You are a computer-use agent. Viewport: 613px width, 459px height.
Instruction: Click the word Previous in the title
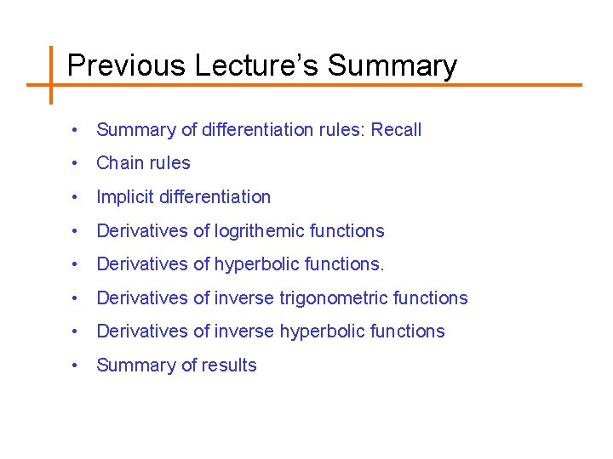tap(126, 65)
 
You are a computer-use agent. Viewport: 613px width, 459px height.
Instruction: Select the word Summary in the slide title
tap(392, 65)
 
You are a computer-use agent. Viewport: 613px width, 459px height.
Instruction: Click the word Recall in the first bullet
tap(396, 130)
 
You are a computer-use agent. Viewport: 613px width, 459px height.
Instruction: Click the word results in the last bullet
tap(229, 365)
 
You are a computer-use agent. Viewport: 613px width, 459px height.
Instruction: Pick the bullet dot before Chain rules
tap(77, 163)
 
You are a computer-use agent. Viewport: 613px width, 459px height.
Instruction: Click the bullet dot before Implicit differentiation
tap(77, 197)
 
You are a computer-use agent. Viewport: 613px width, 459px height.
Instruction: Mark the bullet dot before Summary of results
tap(77, 365)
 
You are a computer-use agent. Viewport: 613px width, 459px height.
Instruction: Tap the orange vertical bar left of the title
tap(50, 75)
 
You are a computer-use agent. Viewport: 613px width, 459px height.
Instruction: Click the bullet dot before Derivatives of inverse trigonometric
tap(77, 298)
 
